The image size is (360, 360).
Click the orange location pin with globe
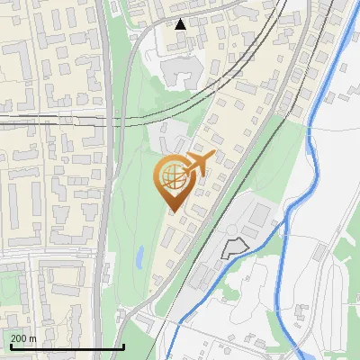pyautogui.click(x=174, y=179)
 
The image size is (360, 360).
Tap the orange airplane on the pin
pyautogui.click(x=199, y=163)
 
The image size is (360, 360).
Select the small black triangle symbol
pyautogui.click(x=181, y=24)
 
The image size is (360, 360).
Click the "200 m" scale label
pyautogui.click(x=24, y=338)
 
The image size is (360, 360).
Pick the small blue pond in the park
pyautogui.click(x=139, y=258)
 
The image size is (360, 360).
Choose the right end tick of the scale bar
pyautogui.click(x=123, y=345)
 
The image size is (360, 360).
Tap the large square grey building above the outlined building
pyautogui.click(x=261, y=214)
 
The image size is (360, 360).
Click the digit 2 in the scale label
pyautogui.click(x=14, y=338)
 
